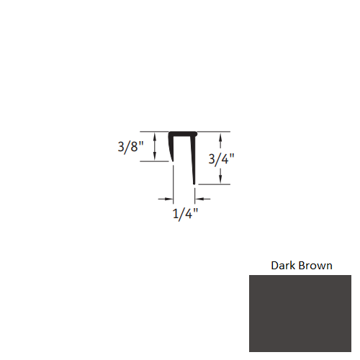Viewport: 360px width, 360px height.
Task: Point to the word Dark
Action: pos(282,265)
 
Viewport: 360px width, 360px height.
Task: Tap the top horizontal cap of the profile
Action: pos(183,134)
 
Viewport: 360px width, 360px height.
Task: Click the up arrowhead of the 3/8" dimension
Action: pos(156,135)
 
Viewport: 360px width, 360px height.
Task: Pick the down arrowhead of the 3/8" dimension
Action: pos(156,158)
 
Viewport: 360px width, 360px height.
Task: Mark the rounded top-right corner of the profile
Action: pos(196,133)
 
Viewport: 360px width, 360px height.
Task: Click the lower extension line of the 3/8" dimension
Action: pos(152,161)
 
